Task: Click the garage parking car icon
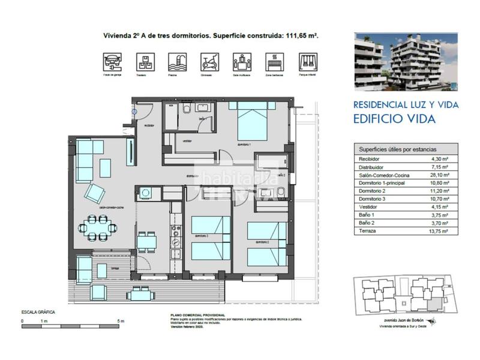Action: [112, 61]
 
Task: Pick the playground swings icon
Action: [308, 61]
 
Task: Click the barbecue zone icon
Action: [275, 61]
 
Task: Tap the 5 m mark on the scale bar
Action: [121, 322]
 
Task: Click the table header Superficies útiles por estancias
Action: [397, 150]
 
